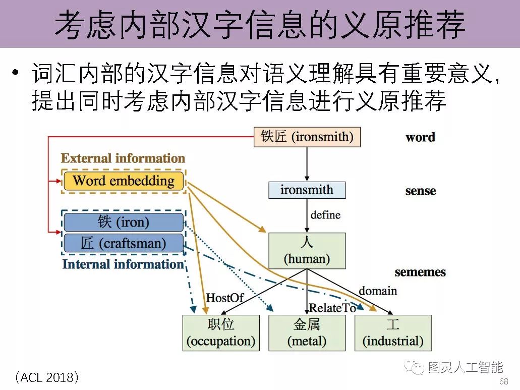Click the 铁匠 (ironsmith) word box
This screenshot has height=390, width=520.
point(307,137)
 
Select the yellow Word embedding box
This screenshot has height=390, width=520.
point(124,181)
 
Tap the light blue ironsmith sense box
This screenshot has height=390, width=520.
point(307,190)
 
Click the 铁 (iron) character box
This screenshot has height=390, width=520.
point(124,222)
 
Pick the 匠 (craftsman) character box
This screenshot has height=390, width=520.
point(124,243)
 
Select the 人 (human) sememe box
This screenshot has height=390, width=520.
point(307,251)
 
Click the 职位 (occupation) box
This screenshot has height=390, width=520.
point(221,333)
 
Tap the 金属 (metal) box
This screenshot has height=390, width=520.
point(307,333)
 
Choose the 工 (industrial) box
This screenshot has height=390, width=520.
point(393,333)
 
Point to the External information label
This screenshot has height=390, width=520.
point(123,158)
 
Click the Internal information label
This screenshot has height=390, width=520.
point(123,264)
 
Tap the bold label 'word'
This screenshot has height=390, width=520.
point(420,137)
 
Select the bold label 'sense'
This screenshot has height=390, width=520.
point(420,191)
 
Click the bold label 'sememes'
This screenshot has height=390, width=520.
point(420,272)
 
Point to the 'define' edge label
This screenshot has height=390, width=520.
point(325,215)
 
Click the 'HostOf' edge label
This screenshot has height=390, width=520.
point(224,298)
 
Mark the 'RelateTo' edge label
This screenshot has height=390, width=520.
point(332,308)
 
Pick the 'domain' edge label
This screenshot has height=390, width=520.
point(377,291)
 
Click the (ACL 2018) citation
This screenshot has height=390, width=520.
point(46,377)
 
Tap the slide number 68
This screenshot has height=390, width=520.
point(503,381)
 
